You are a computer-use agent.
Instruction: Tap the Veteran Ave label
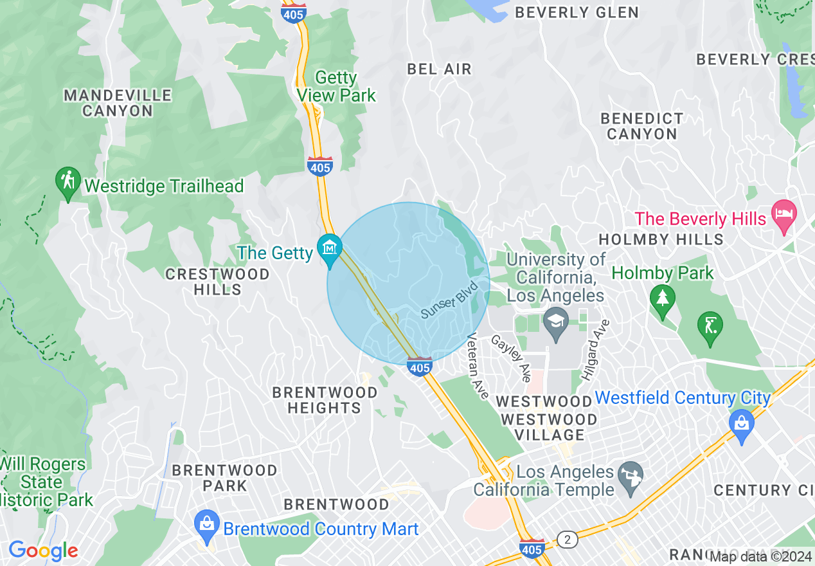(x=479, y=365)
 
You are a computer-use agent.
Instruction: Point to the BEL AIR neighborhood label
(x=440, y=69)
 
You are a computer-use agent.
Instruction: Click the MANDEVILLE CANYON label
(x=118, y=103)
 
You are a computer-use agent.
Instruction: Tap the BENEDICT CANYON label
(x=641, y=126)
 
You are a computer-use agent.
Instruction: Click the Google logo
(x=43, y=551)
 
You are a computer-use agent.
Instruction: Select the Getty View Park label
(x=336, y=86)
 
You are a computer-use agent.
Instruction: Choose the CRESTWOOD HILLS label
(x=217, y=282)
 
